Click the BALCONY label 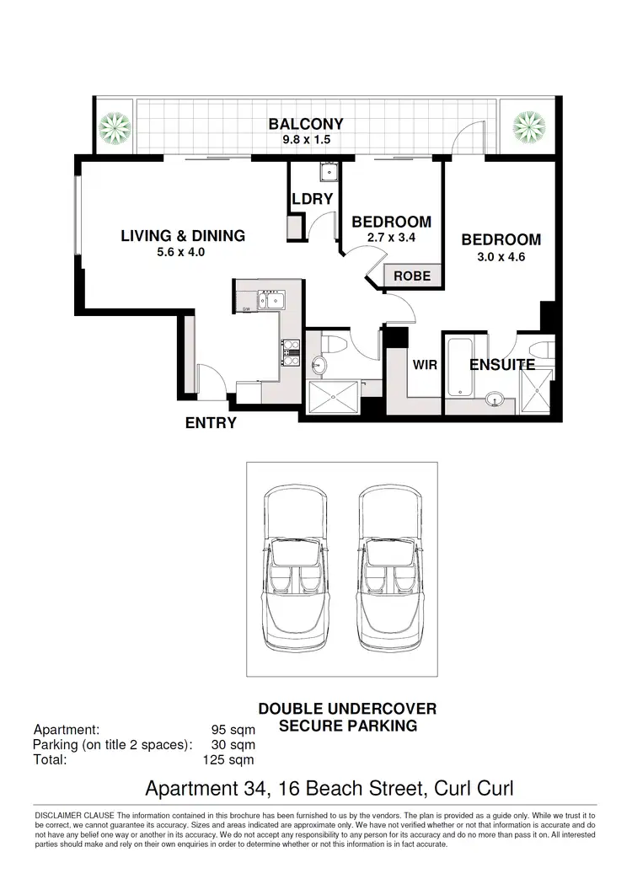tap(306, 125)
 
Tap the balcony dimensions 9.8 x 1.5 tap(306, 140)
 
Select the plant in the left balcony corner tap(114, 126)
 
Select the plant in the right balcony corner tap(528, 126)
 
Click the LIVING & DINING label tap(183, 236)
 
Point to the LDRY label tap(313, 200)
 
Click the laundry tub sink tap(326, 174)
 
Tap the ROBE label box tap(412, 276)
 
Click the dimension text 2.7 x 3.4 tap(392, 238)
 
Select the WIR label tap(423, 365)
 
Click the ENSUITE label tap(502, 365)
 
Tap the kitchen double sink tap(271, 299)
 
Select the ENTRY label tap(211, 423)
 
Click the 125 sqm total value tap(228, 758)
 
